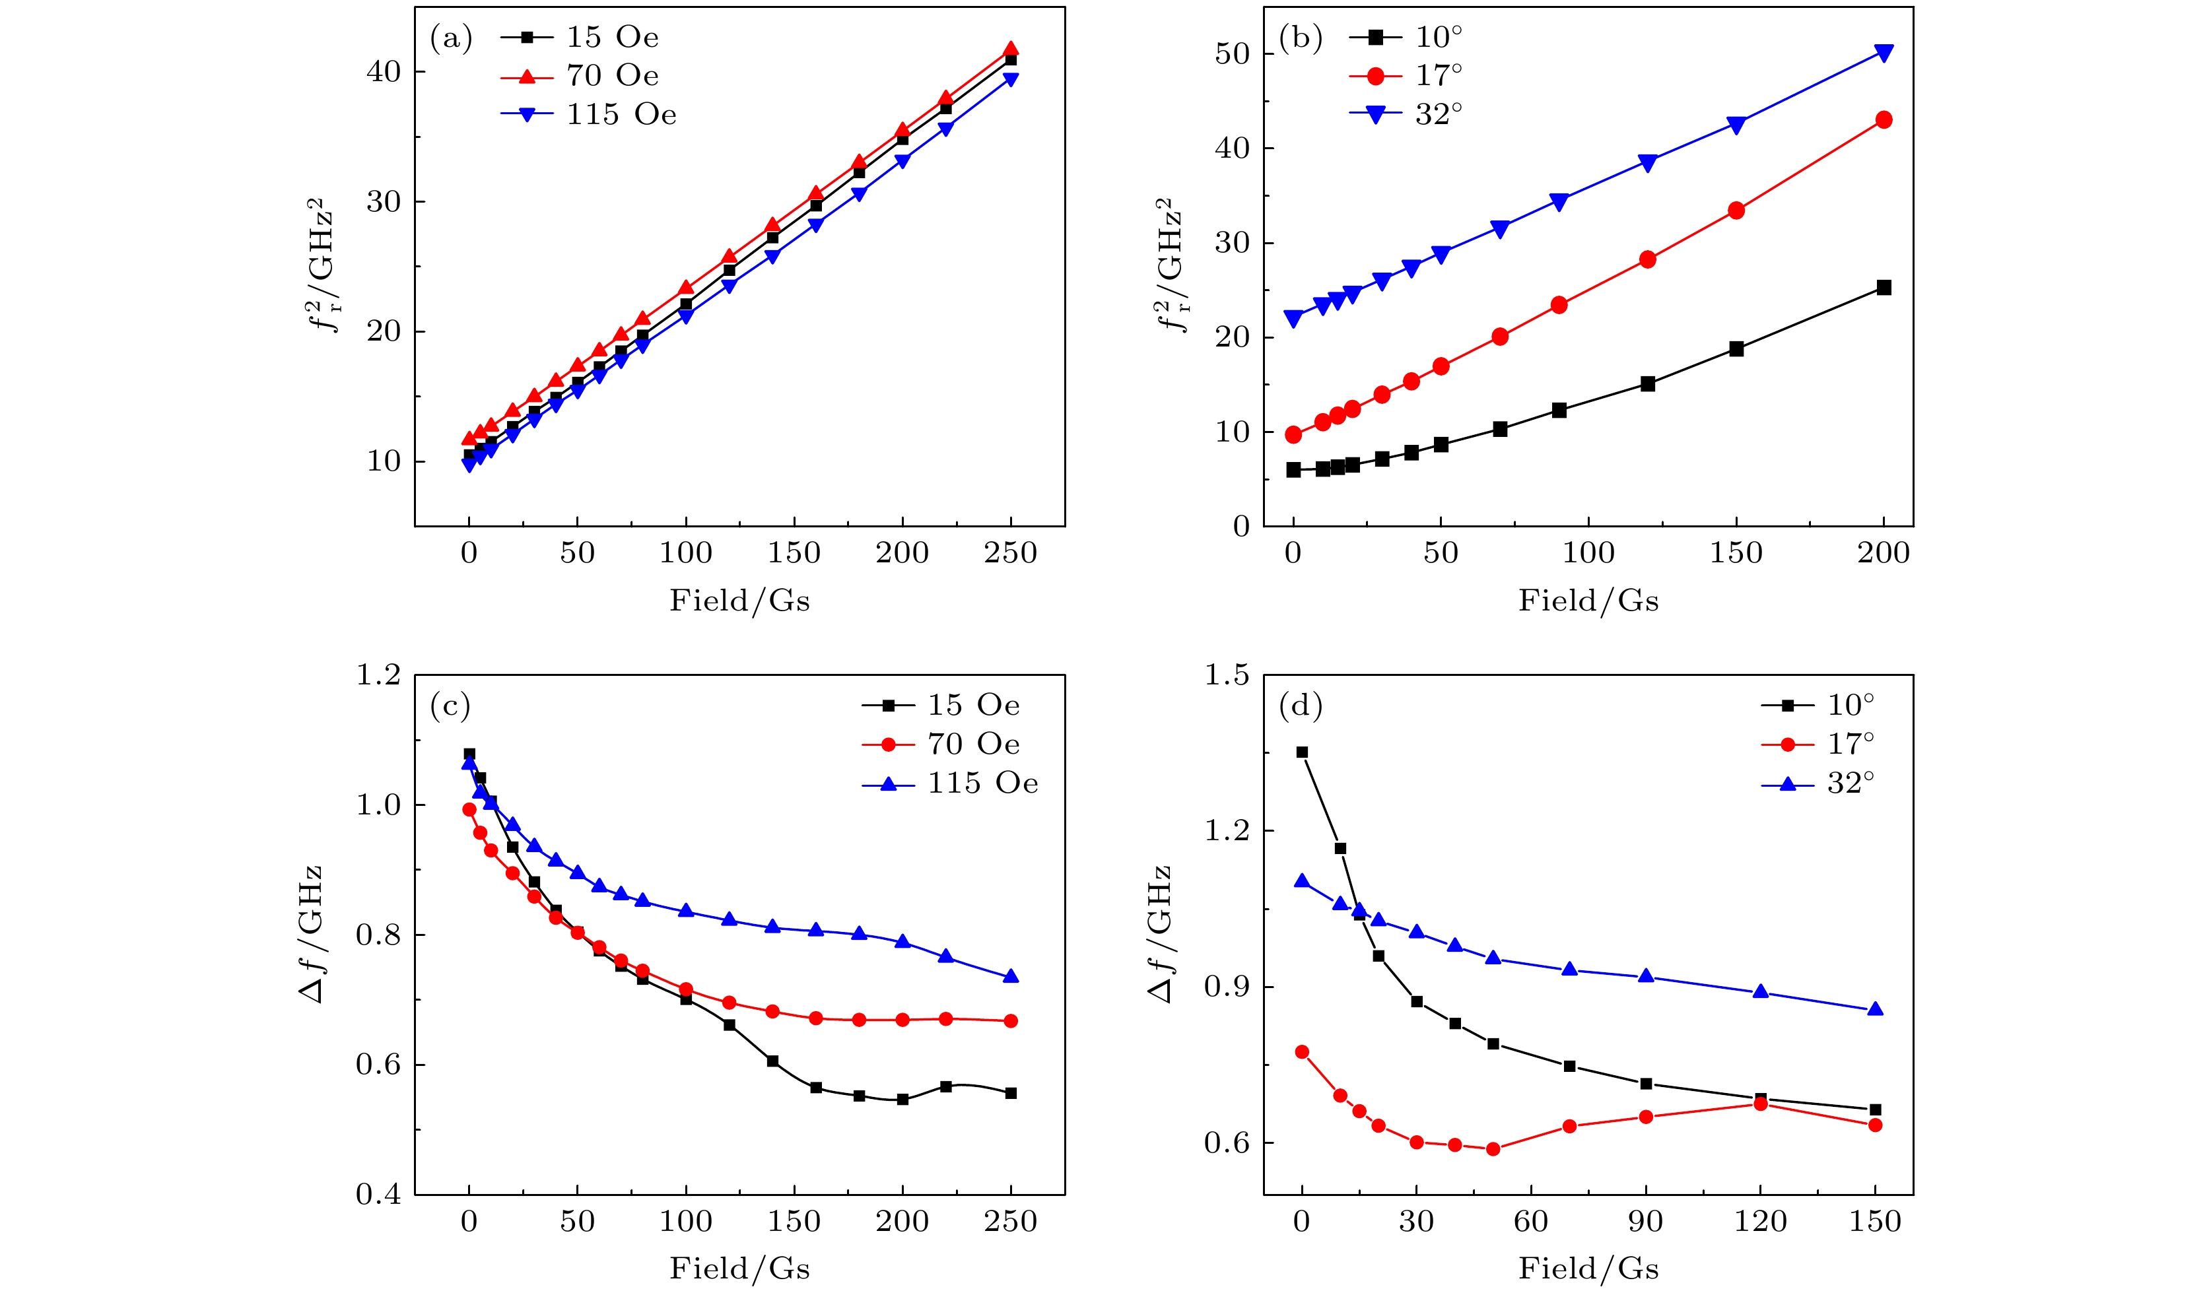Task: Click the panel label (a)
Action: point(450,38)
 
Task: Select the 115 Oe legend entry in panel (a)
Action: point(589,115)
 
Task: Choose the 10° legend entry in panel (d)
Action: point(1818,705)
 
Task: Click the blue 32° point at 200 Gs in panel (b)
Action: point(1883,53)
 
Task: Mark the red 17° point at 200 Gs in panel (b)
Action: point(1883,120)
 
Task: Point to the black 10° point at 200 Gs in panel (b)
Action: point(1883,288)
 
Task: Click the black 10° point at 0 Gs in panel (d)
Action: point(1302,752)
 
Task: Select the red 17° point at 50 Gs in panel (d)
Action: point(1493,1149)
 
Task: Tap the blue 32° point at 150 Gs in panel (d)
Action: point(1875,1010)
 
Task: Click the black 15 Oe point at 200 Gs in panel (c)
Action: point(902,1099)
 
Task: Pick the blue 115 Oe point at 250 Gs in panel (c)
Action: point(1011,977)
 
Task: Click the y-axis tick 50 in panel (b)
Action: point(1232,53)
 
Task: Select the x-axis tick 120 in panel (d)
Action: point(1760,1221)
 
